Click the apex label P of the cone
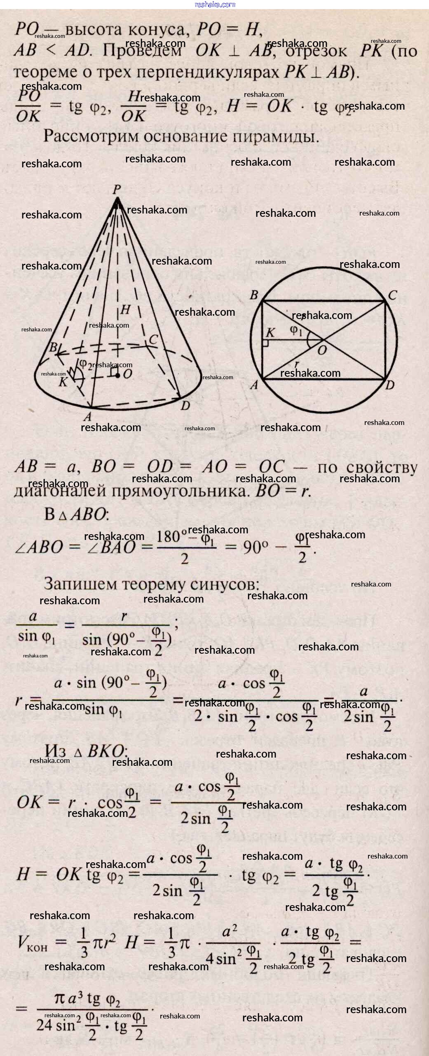pos(117,190)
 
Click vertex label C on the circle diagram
pos(392,295)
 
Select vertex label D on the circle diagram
pos(390,385)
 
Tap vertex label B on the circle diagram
pos(254,295)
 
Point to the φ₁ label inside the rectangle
pos(295,330)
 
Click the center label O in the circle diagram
pos(322,350)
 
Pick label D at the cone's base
pos(185,406)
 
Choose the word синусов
pos(225,584)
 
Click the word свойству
pos(382,468)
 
